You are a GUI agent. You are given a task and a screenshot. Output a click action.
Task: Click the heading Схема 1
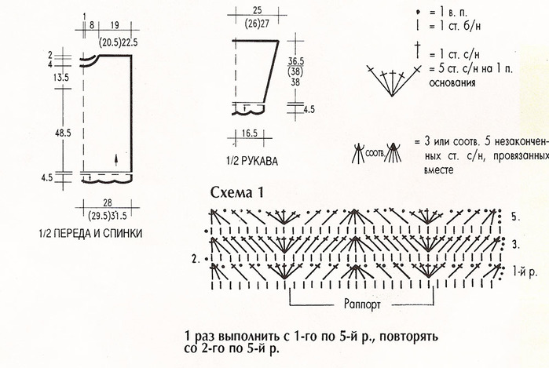(236, 192)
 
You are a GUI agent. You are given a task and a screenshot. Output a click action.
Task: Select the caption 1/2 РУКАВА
(252, 161)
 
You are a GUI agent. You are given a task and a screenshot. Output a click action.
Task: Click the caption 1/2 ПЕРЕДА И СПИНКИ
(90, 233)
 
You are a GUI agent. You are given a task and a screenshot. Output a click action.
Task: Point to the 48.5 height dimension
(63, 133)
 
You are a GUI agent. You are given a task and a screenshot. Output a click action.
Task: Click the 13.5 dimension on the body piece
(61, 78)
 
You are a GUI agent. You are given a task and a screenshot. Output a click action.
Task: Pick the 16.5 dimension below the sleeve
(249, 133)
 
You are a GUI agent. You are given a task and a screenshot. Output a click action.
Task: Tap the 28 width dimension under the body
(108, 202)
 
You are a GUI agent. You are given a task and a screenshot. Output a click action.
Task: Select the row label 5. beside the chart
(515, 217)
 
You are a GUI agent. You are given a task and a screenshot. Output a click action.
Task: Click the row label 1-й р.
(525, 271)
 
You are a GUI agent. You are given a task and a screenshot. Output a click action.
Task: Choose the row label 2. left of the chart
(196, 260)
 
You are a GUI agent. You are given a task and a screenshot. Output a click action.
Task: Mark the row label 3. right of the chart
(516, 245)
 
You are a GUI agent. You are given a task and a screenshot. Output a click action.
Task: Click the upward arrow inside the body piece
(116, 159)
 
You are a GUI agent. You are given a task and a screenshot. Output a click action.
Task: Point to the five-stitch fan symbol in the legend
(393, 81)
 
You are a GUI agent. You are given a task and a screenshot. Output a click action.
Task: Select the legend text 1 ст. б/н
(455, 26)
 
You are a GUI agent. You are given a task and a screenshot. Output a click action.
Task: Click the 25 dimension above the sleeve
(257, 10)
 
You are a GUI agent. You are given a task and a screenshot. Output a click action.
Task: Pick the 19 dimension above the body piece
(115, 25)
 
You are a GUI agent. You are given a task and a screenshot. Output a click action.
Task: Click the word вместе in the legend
(439, 170)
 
